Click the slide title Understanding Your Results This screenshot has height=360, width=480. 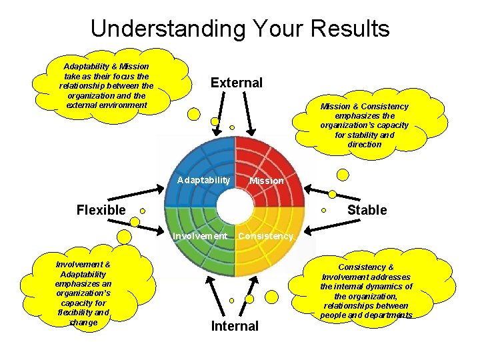240,29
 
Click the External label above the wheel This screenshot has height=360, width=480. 237,83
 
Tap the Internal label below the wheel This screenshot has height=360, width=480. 235,326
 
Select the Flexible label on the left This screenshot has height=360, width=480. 101,210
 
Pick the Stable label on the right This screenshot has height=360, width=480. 367,210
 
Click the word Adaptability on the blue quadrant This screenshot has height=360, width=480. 203,180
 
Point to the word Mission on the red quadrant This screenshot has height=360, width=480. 266,181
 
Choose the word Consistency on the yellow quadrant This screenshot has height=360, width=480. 265,235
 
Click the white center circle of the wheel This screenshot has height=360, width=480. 235,207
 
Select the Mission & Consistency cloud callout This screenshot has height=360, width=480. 364,125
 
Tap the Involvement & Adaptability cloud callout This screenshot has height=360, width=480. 83,293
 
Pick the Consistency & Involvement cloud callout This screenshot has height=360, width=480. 367,291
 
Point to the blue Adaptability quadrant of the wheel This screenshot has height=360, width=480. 197,160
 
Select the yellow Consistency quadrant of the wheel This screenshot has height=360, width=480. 270,257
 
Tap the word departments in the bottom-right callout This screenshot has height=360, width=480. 387,315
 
